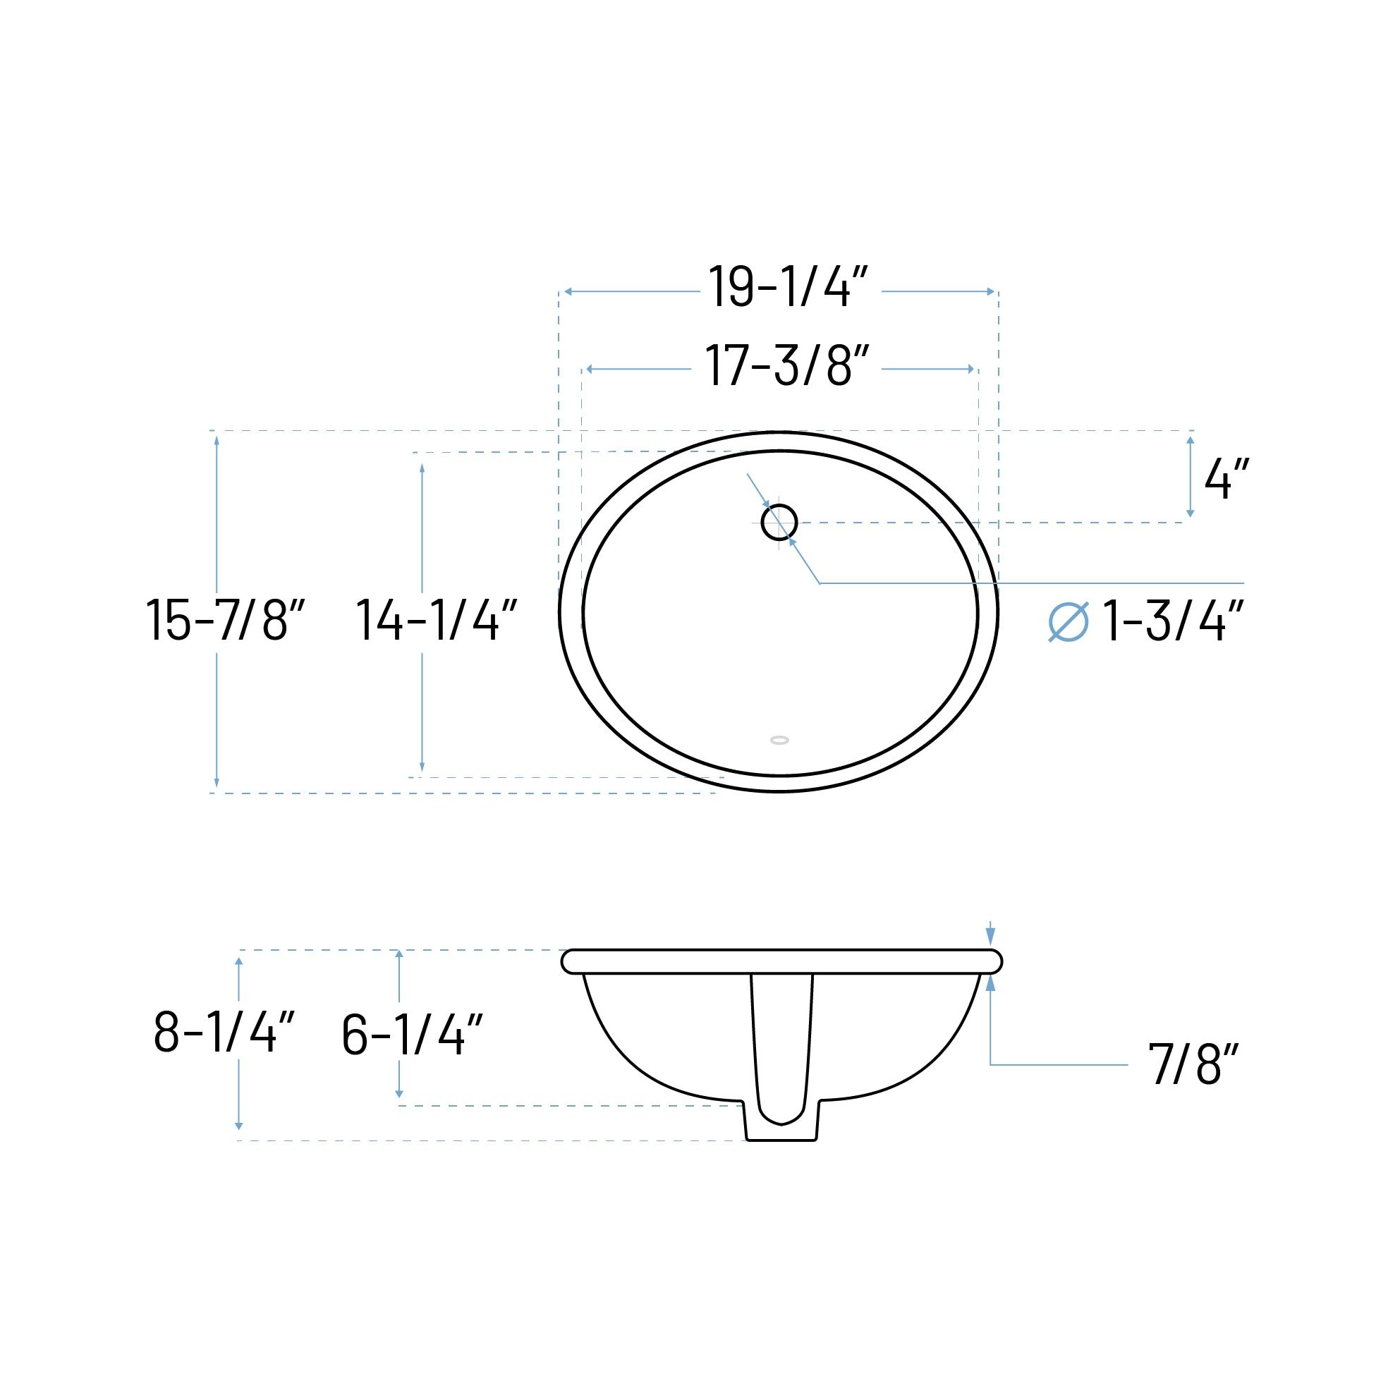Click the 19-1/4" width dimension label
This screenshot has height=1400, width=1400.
click(788, 287)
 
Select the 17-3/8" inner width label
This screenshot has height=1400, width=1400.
click(786, 365)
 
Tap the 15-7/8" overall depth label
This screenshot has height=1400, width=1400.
click(226, 620)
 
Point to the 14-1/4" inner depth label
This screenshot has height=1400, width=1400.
click(437, 620)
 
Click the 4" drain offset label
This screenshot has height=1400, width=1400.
click(1226, 479)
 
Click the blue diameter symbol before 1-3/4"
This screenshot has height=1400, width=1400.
click(1068, 622)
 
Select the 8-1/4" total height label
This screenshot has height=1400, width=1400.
click(224, 1032)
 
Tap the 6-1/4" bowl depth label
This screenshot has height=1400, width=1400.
click(412, 1035)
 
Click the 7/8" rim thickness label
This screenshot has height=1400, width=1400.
click(1193, 1064)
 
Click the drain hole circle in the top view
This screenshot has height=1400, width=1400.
click(779, 522)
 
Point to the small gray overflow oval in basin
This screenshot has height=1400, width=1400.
click(779, 740)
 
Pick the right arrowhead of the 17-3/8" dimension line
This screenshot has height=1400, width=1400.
click(971, 370)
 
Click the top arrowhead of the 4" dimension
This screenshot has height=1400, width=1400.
click(1190, 441)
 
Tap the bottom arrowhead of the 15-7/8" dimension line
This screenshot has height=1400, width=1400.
click(217, 783)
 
